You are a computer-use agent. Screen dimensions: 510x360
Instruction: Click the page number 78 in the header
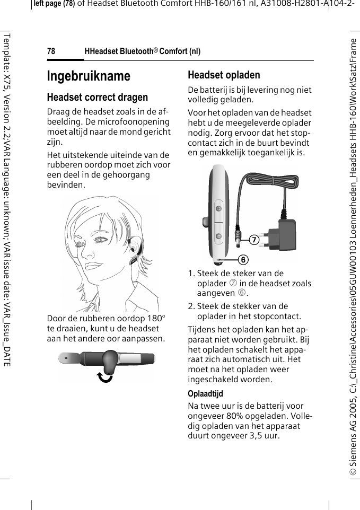tap(51, 51)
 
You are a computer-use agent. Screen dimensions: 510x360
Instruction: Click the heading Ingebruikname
tap(89, 76)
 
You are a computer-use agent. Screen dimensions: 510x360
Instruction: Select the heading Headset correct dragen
tap(98, 98)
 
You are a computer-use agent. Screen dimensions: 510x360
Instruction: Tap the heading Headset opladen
tap(224, 75)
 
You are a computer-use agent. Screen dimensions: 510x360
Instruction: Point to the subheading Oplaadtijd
tap(205, 394)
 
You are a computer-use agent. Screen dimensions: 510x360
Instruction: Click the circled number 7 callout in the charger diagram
tap(254, 240)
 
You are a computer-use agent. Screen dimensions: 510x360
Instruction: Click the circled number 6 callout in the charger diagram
tap(242, 260)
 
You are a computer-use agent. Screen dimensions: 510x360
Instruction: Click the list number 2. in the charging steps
tap(192, 306)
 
